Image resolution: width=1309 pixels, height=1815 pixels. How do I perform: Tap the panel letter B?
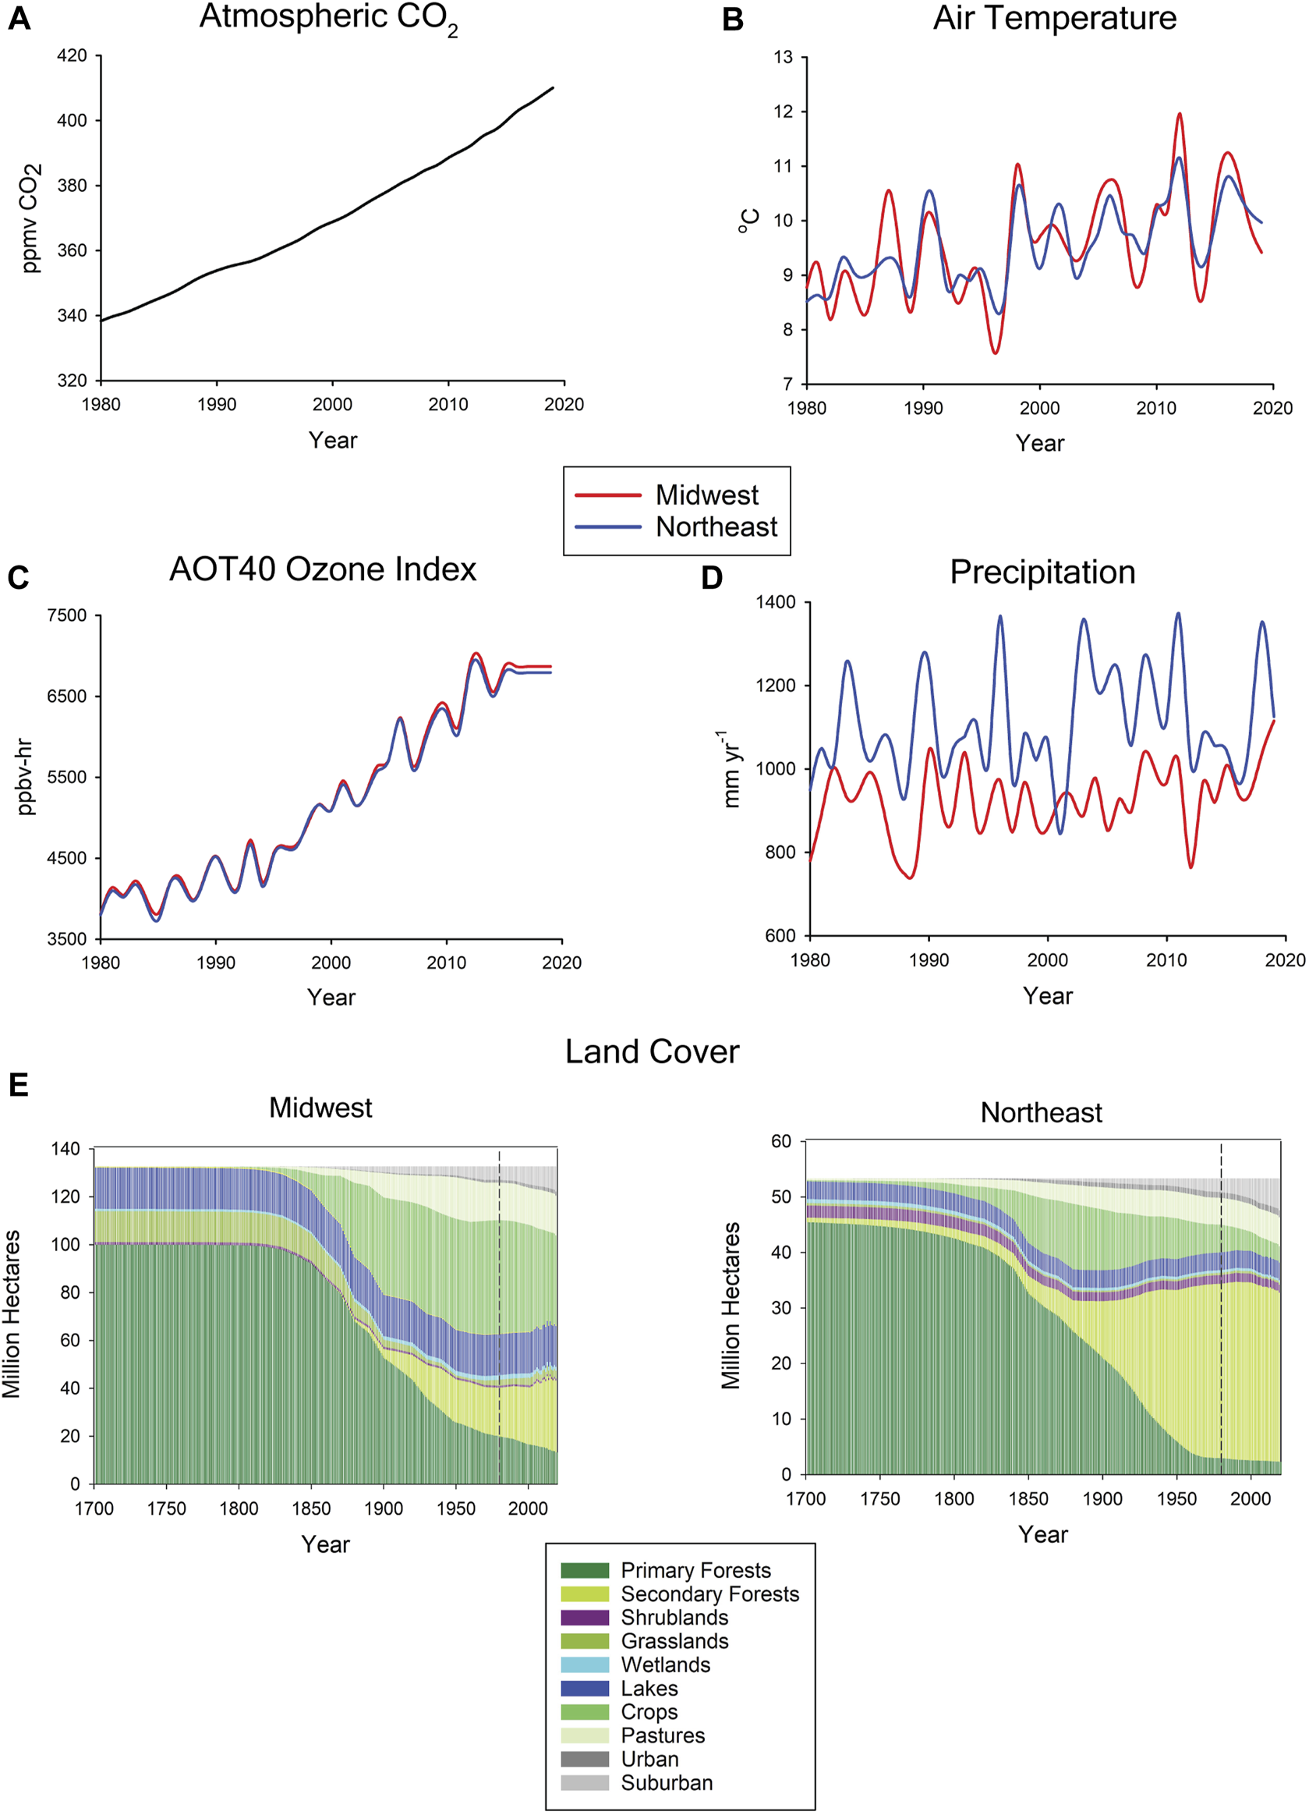(732, 20)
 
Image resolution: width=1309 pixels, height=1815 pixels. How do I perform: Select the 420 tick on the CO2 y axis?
(73, 56)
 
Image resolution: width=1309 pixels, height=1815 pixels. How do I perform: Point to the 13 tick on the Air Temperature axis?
(784, 58)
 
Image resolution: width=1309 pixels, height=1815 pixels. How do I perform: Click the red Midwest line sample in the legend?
(608, 495)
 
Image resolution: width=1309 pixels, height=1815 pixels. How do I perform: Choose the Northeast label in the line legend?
(716, 527)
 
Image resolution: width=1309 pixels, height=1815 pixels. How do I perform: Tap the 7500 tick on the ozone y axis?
(67, 615)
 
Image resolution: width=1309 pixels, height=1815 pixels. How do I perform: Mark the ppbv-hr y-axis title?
(27, 777)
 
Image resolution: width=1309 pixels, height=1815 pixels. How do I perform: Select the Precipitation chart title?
(1042, 573)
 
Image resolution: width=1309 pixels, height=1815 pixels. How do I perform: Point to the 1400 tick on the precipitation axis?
(775, 602)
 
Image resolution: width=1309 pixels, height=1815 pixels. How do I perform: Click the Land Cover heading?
(652, 1052)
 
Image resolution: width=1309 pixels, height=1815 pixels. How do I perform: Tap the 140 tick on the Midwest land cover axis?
(65, 1149)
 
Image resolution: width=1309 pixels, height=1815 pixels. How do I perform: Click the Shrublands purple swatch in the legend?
(584, 1618)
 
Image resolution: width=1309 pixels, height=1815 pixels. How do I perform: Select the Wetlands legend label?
(666, 1665)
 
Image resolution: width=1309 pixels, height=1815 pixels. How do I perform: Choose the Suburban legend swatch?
(584, 1783)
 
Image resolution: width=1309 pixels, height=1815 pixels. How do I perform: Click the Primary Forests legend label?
(695, 1571)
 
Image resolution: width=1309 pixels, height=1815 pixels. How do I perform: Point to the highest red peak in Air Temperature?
(1179, 115)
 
